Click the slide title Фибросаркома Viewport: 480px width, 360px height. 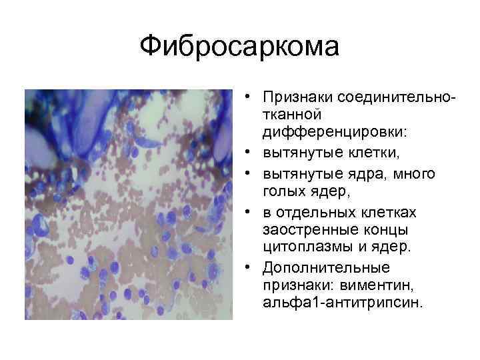click(240, 47)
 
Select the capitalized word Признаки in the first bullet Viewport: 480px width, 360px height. click(299, 98)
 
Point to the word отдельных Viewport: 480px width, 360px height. click(313, 213)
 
